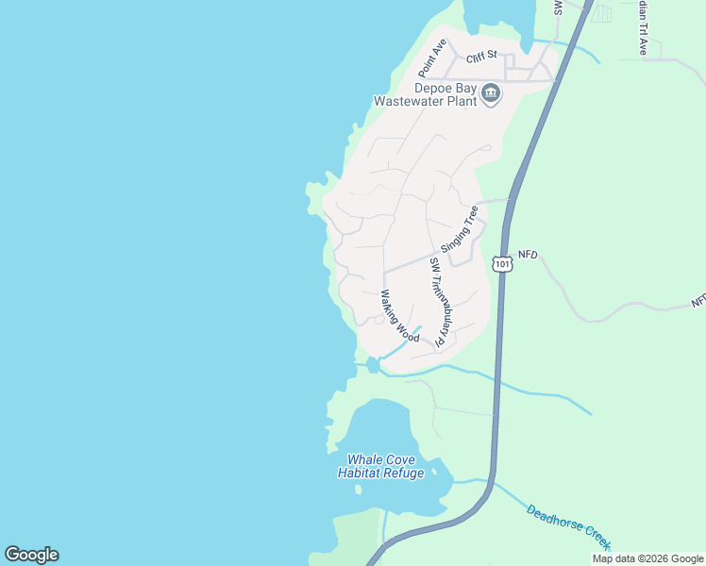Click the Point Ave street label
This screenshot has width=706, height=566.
point(432,58)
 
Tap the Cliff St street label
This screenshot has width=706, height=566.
point(480,58)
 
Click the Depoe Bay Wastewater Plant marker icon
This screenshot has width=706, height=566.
point(491,93)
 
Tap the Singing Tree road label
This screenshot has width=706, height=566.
point(460,228)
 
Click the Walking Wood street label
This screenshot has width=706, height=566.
point(399,316)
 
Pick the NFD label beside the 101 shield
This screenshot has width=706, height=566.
point(527,256)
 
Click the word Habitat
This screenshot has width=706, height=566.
point(355,473)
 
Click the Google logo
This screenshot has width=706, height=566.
point(31,555)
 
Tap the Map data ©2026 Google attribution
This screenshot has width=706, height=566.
point(647,558)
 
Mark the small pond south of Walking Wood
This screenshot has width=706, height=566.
point(373,365)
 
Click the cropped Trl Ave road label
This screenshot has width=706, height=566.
point(643,26)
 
